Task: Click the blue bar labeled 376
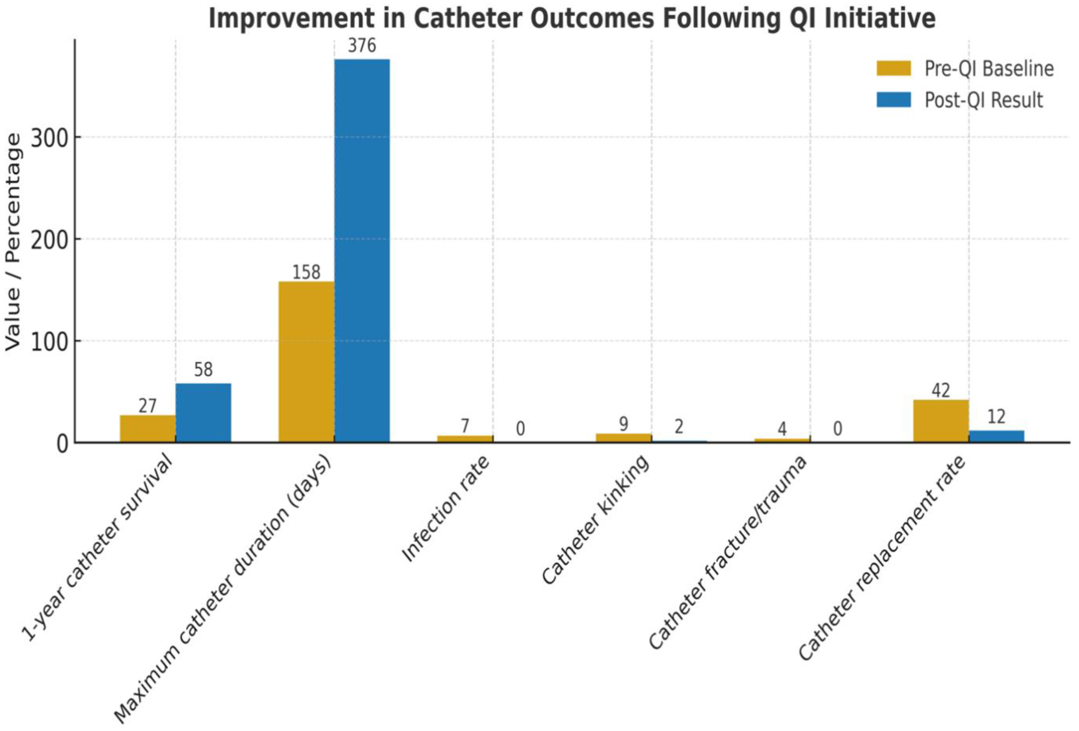362,250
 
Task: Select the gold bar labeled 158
306,362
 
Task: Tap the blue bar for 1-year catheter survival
203,413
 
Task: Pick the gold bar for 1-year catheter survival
147,428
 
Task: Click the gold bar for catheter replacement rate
941,421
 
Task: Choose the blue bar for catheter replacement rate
996,436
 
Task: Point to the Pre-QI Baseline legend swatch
893,68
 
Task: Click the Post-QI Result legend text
983,100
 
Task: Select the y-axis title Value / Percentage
13,242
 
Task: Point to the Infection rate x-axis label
446,509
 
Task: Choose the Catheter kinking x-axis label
596,520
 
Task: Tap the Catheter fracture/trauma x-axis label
728,552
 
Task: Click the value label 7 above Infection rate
465,426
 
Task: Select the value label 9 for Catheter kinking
624,424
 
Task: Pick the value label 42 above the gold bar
941,391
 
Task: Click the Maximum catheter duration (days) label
223,588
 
